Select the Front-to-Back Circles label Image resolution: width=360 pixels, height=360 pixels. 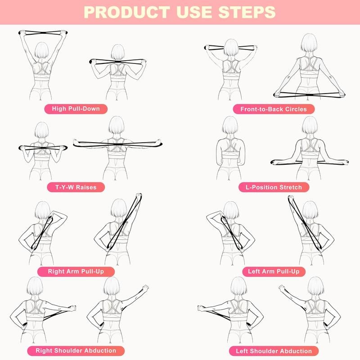pyautogui.click(x=273, y=109)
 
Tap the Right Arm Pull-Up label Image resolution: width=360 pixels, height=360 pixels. pyautogui.click(x=81, y=271)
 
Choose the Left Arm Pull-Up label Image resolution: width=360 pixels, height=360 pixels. pyautogui.click(x=273, y=271)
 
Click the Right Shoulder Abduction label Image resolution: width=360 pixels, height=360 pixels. pyautogui.click(x=76, y=350)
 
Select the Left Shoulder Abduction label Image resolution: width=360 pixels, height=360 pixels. pyautogui.click(x=274, y=351)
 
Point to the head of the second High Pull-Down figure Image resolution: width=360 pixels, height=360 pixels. pyautogui.click(x=118, y=52)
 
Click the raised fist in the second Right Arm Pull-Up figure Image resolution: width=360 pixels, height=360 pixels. pyautogui.click(x=136, y=196)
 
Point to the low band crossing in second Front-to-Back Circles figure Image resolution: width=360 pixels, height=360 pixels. pyautogui.click(x=309, y=94)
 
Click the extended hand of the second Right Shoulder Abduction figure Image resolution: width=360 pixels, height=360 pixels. pyautogui.click(x=144, y=288)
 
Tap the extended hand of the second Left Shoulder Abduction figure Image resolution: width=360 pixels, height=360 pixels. pyautogui.click(x=282, y=288)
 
